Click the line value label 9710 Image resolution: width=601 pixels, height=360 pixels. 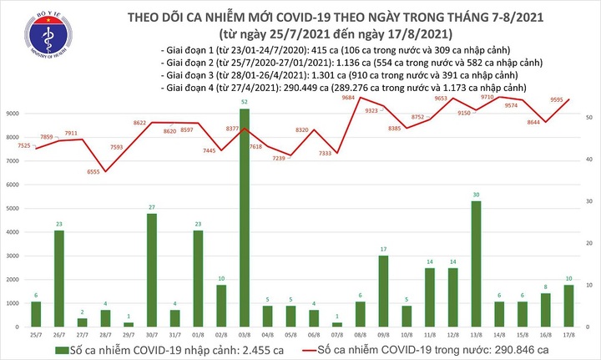(489, 98)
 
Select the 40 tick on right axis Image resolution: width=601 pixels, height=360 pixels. (589, 160)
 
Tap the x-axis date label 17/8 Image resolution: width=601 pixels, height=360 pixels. (567, 334)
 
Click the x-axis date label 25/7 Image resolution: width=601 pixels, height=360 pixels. (36, 334)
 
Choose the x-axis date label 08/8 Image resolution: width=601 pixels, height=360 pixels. (359, 334)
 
